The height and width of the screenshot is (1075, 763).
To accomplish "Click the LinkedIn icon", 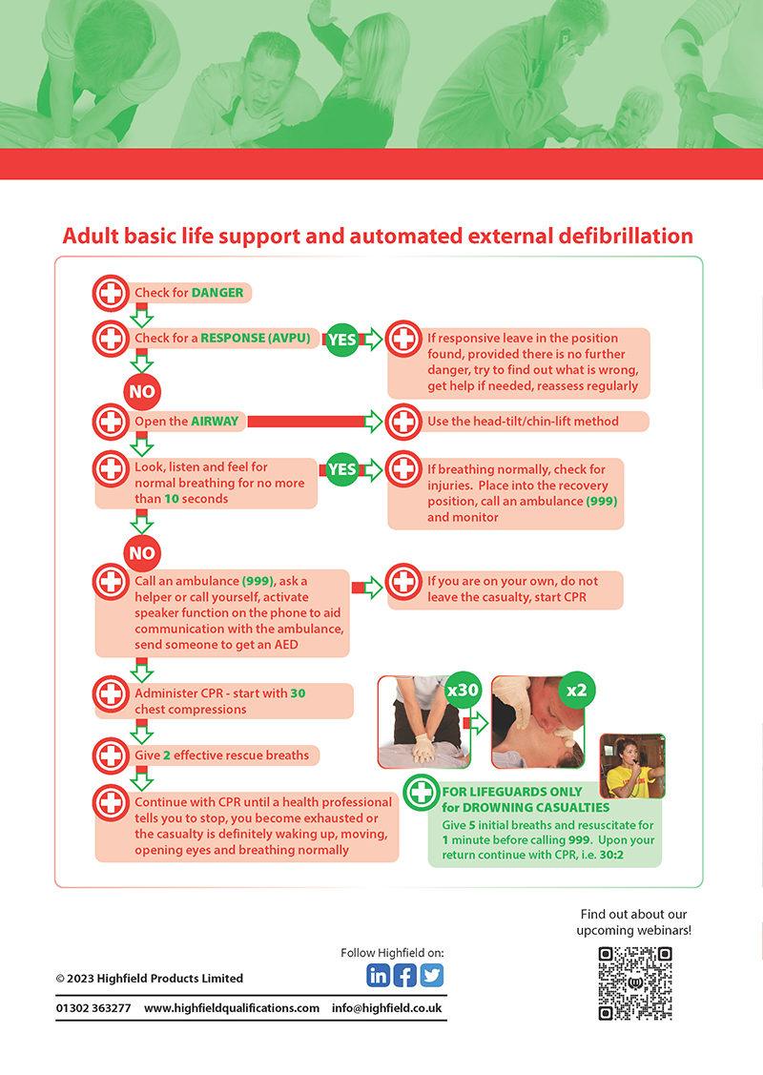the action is pos(378,975).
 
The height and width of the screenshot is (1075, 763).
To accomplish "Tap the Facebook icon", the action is pos(404,975).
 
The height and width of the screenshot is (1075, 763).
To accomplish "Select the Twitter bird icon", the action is pos(431,975).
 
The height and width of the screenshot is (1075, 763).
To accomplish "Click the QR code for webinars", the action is pos(635,983).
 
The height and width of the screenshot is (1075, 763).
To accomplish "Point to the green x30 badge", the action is pos(462,690).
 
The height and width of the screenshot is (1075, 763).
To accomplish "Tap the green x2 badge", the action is pos(576,690).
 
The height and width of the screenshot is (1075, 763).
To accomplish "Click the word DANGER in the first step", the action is pos(217,293).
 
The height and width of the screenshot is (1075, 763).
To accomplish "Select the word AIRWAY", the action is pos(215,421).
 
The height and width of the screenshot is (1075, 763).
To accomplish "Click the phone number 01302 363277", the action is pos(93,1008).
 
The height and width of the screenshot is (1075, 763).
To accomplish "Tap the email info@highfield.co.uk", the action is pos(386,1008).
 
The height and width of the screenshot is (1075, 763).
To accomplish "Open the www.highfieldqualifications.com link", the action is pos(232,1008).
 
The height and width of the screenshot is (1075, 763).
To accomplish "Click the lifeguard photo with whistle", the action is pos(632,766).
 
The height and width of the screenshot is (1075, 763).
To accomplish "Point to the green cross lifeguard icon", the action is pos(421,793).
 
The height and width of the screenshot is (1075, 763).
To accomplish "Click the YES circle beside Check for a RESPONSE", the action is pos(342,340).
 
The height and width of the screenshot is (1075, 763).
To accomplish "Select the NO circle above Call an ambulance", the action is pos(142,552).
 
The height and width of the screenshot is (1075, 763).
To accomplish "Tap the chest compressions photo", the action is pos(423,722).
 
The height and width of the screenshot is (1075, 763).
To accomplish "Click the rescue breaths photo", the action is pos(538,722).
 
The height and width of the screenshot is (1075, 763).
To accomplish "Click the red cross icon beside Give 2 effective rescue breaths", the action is pos(111,755).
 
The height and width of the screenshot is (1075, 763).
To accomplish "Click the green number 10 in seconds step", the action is pos(172,499).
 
